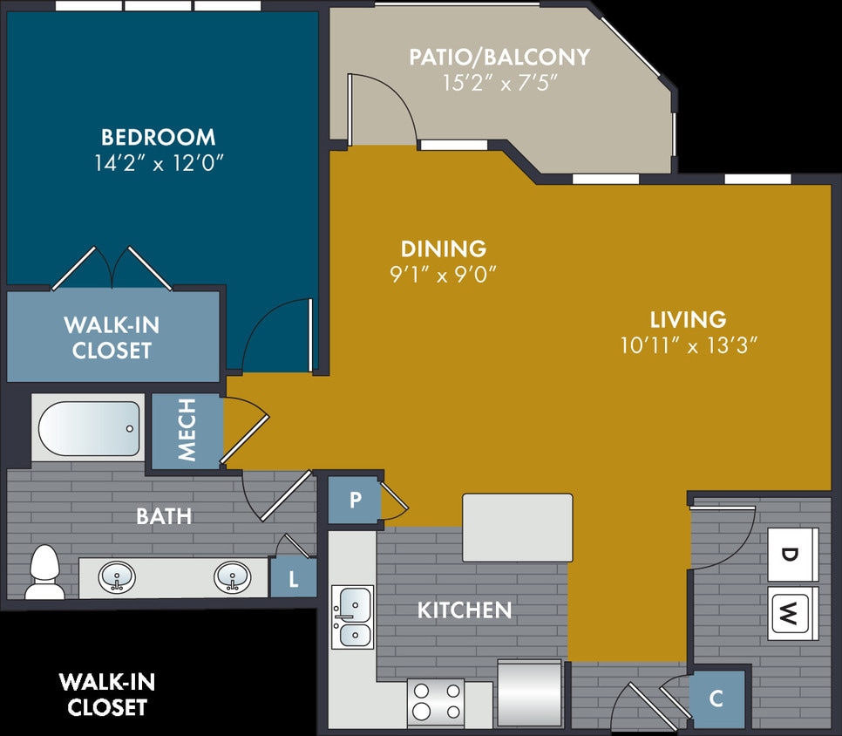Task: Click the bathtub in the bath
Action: point(89,428)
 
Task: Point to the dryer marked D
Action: point(791,554)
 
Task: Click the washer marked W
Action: point(791,614)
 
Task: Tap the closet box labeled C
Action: point(716,699)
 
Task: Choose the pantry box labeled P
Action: point(355,501)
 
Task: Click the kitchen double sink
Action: point(352,617)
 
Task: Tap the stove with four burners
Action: point(436,701)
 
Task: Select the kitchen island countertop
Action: point(518,528)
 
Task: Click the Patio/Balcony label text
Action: point(499,58)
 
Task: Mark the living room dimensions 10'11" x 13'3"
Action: point(688,345)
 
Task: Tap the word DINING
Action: point(444,249)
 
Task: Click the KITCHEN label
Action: point(465,610)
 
